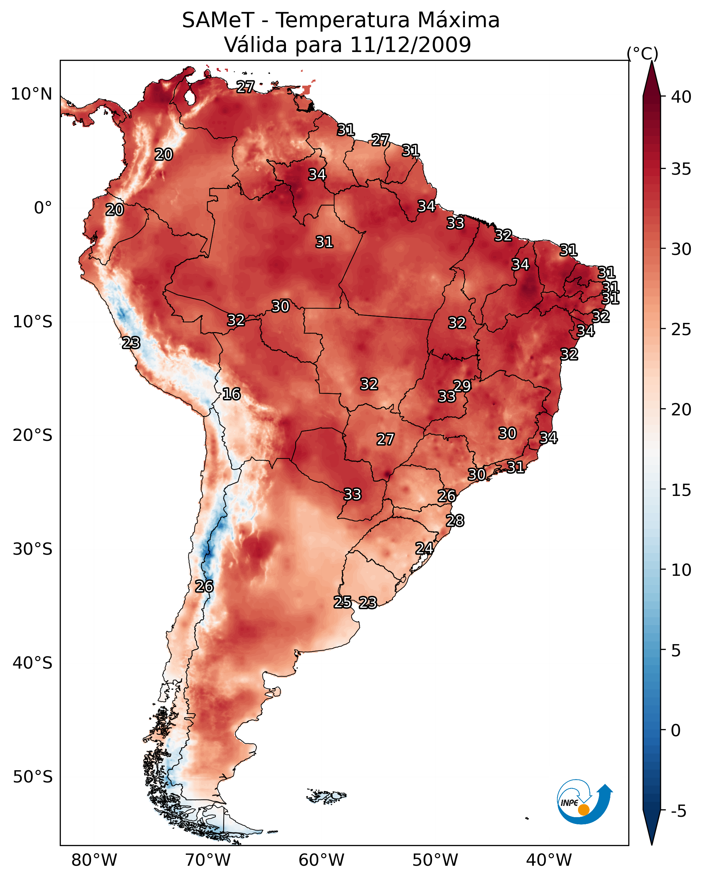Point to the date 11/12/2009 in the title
pyautogui.click(x=410, y=45)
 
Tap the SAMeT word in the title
pyautogui.click(x=218, y=20)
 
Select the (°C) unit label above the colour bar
pyautogui.click(x=643, y=53)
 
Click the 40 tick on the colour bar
pyautogui.click(x=681, y=97)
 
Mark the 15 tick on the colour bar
pyautogui.click(x=681, y=490)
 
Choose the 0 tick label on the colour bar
pyautogui.click(x=676, y=730)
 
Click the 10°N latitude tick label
pyautogui.click(x=31, y=94)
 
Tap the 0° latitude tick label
pyautogui.click(x=43, y=208)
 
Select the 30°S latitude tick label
pyautogui.click(x=33, y=549)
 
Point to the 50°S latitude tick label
pyautogui.click(x=33, y=777)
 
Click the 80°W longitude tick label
pyautogui.click(x=94, y=860)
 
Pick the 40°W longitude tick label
pyautogui.click(x=549, y=860)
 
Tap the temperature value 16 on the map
pyautogui.click(x=231, y=394)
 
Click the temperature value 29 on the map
pyautogui.click(x=462, y=386)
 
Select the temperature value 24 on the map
pyautogui.click(x=424, y=548)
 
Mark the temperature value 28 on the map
pyautogui.click(x=455, y=521)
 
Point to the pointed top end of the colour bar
pyautogui.click(x=652, y=61)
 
